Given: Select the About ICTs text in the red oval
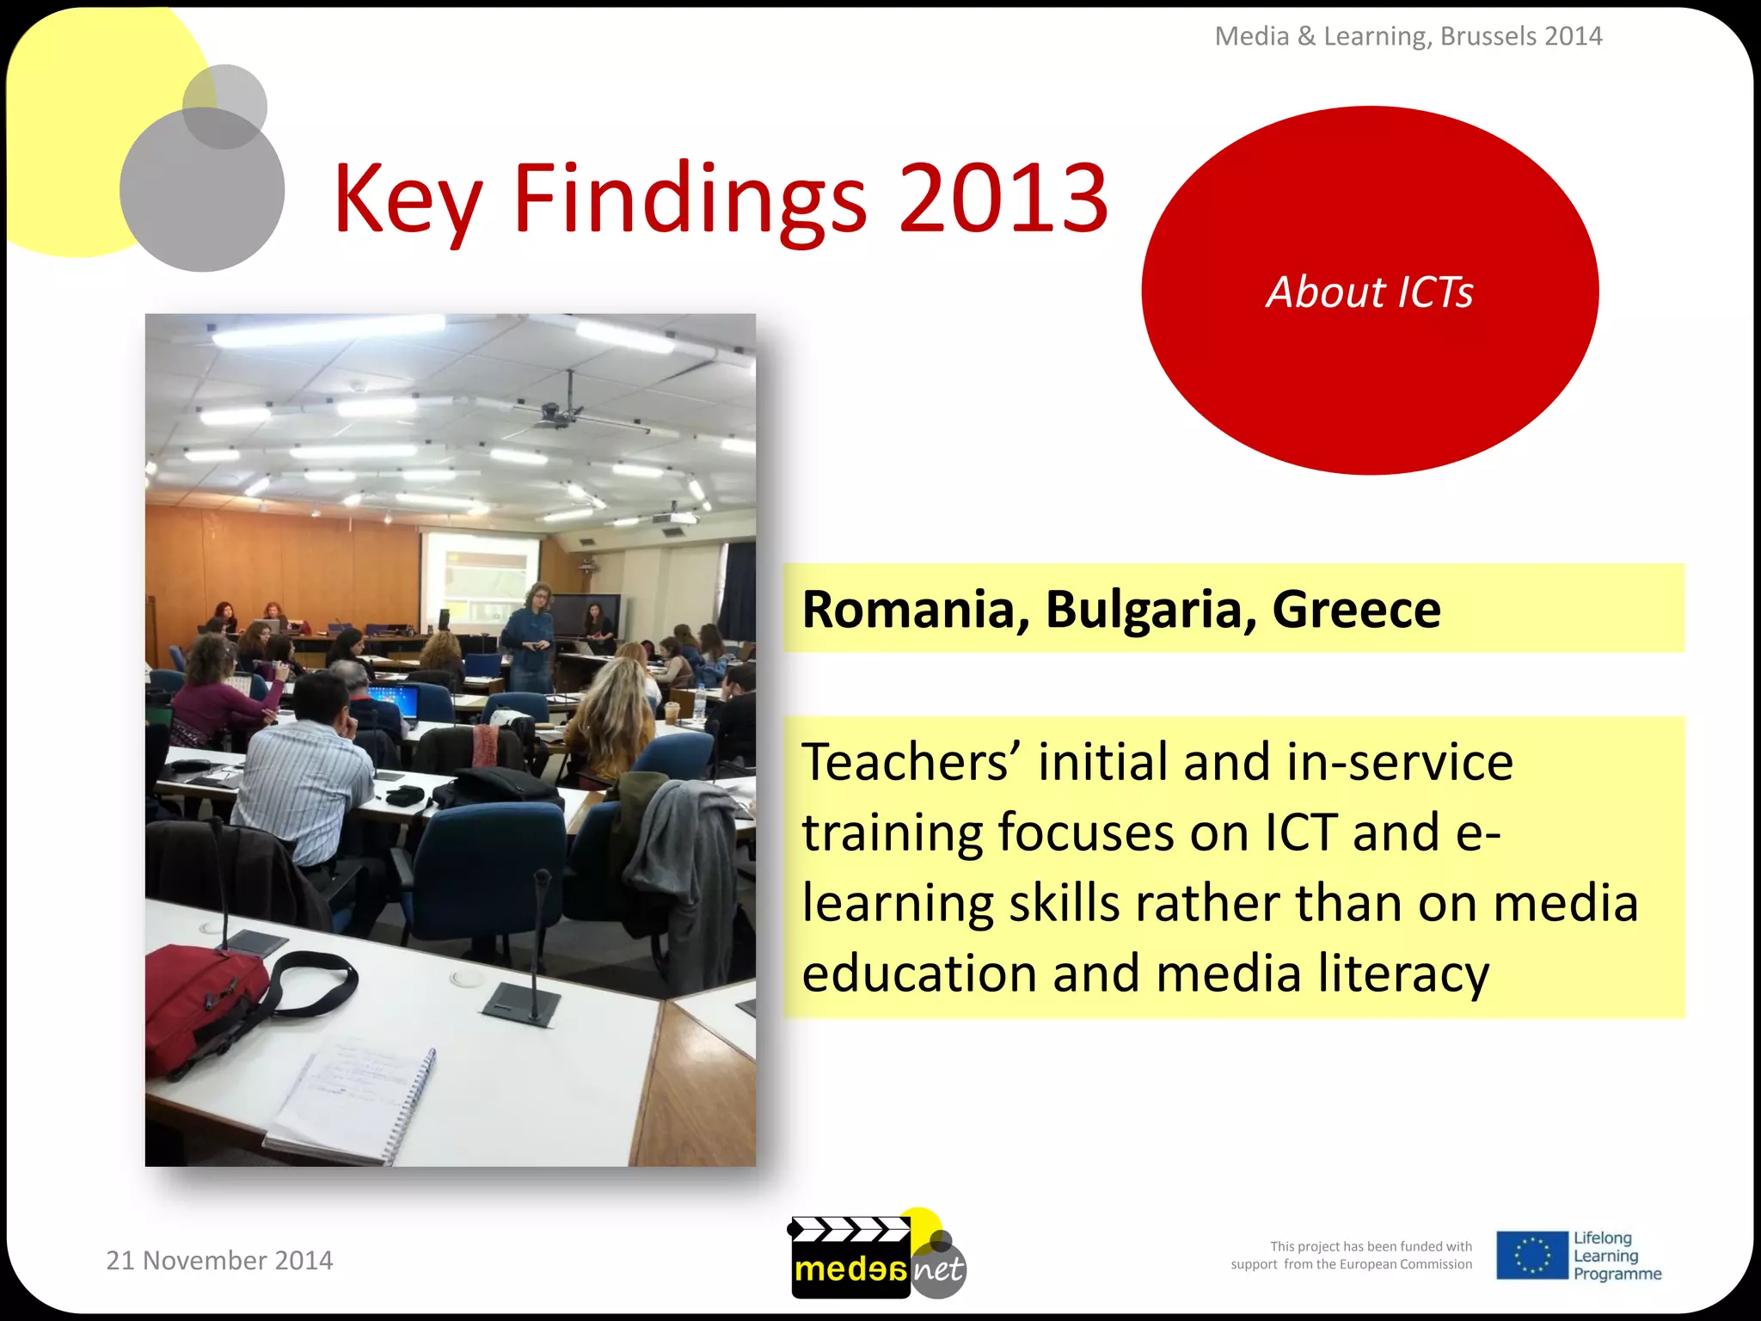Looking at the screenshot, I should pos(1370,292).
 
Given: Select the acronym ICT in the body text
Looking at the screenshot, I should pos(1300,833).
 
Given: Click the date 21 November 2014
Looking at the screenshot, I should pos(219,1260).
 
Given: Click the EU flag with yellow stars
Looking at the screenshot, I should pos(1531,1255).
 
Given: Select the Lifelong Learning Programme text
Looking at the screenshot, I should pos(1617,1256).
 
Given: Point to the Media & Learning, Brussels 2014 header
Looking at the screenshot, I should pos(1408,36).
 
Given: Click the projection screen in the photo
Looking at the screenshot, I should pos(480,578).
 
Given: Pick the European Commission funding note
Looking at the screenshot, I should pos(1351,1256).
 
